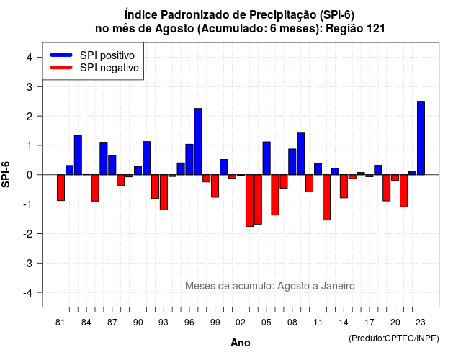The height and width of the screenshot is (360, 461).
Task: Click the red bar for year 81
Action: coord(61,188)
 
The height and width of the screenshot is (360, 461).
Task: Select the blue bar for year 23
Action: coord(421,138)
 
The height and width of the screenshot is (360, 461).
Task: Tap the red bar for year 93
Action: coord(164,192)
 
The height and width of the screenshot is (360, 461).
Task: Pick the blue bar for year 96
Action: coord(189,160)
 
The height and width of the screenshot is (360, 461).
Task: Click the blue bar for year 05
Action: coord(267,158)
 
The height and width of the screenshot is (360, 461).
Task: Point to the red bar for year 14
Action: coord(344,186)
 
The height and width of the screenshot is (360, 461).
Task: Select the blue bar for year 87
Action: coord(112,165)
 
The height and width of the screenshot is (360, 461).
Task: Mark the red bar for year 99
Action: coord(215,186)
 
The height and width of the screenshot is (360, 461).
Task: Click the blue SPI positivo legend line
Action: coord(61,55)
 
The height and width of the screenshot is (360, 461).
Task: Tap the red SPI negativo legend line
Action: coord(61,68)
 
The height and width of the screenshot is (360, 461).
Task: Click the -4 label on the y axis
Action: coord(28,292)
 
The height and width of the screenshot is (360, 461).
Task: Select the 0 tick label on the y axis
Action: coord(30,175)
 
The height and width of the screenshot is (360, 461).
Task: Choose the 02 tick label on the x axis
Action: coord(241,323)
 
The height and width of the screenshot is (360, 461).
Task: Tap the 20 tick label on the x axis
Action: coord(395,323)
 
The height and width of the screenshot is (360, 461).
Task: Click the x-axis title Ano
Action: coord(241,343)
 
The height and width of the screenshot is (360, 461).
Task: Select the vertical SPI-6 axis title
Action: coord(6,174)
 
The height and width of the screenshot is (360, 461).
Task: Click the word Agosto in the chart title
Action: coord(174,29)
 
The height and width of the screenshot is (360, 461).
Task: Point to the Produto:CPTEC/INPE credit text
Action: coord(394,338)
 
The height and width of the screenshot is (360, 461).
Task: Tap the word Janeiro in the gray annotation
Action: coord(338,286)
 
